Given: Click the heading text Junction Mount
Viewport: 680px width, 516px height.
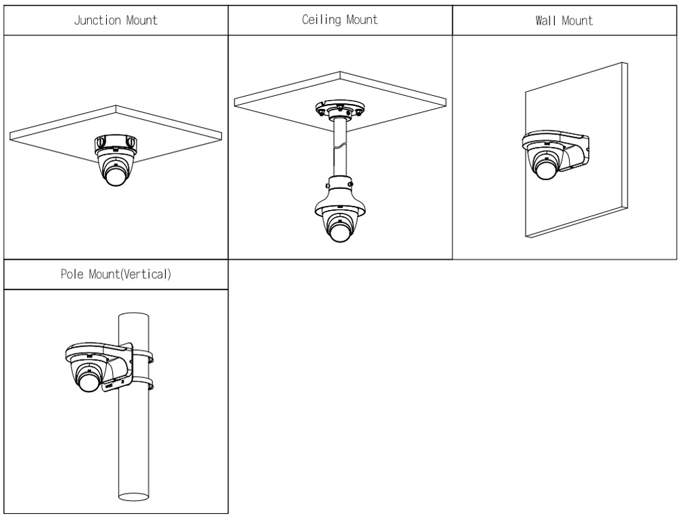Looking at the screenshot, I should point(115,20).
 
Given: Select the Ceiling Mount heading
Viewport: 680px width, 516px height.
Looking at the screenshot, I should point(340,20).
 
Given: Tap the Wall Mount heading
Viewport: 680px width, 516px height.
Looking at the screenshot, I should point(564,20).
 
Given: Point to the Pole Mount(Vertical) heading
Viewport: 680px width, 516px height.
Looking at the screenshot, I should point(115,277).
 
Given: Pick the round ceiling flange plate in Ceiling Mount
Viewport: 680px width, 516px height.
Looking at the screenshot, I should point(340,108).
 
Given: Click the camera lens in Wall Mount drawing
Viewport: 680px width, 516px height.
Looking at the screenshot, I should point(543,167).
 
